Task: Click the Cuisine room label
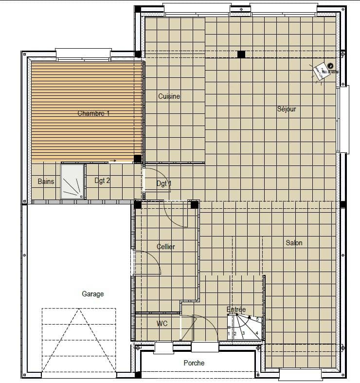(x=169, y=96)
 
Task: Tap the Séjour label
(x=287, y=109)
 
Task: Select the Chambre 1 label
(x=94, y=113)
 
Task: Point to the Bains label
(x=46, y=182)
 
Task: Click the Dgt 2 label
(x=102, y=181)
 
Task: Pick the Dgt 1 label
(x=164, y=183)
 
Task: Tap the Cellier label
(x=166, y=247)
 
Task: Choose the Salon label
(x=294, y=243)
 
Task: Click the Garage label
(x=92, y=294)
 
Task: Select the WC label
(x=162, y=323)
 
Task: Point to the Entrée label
(x=236, y=310)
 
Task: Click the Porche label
(x=194, y=363)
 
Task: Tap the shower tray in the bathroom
(x=72, y=181)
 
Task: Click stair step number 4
(x=257, y=334)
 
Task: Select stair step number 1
(x=229, y=334)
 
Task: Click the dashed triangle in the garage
(x=79, y=341)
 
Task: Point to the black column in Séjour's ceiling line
(x=241, y=54)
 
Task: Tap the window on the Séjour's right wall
(x=343, y=119)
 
